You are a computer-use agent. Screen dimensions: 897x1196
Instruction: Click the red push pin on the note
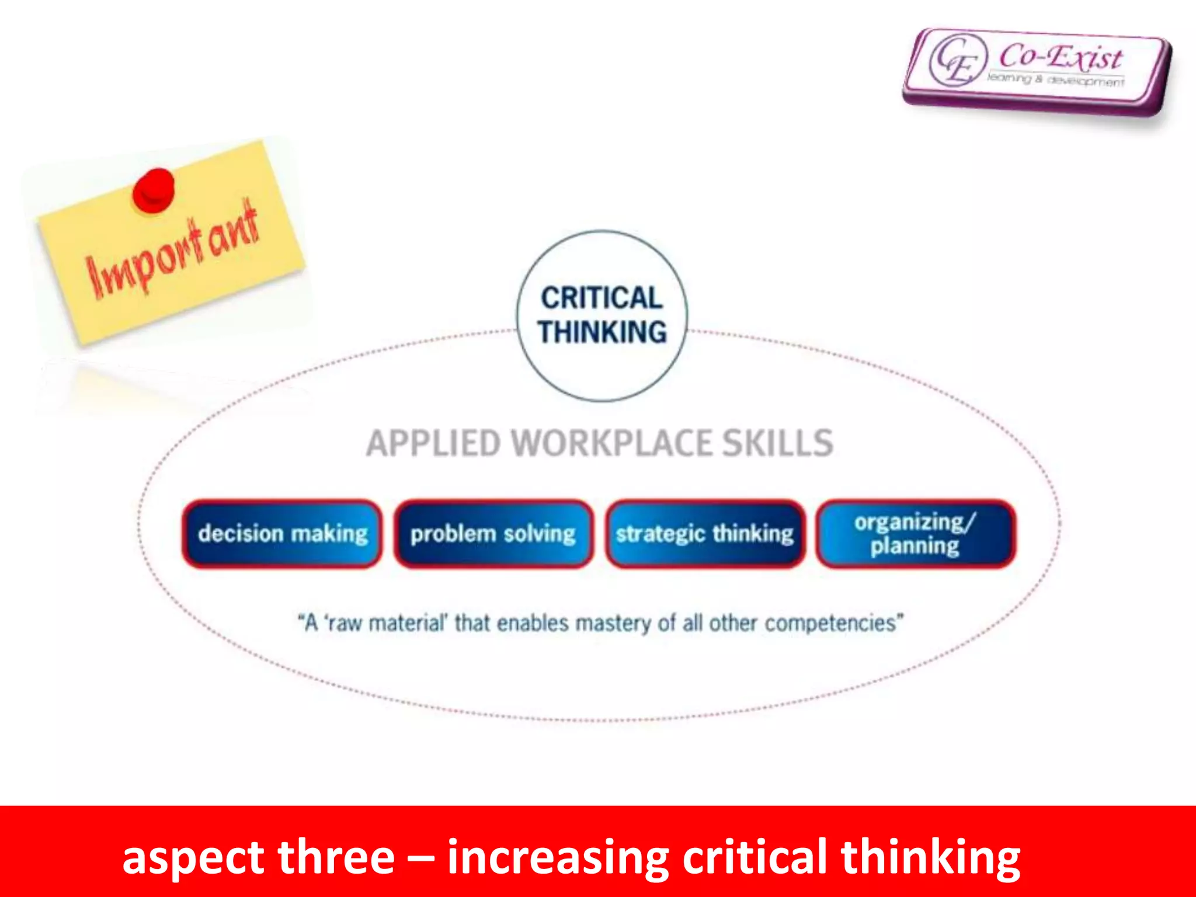coord(154,190)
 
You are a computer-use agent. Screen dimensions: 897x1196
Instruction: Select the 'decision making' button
coord(283,534)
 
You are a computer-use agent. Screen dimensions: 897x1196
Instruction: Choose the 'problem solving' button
coord(493,534)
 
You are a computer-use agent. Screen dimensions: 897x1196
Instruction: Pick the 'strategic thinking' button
coord(705,534)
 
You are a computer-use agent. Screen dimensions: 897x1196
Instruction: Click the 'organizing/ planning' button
coord(915,534)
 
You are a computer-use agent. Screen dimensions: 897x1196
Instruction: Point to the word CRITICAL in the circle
coord(602,298)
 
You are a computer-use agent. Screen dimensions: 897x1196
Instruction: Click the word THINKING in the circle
coord(602,332)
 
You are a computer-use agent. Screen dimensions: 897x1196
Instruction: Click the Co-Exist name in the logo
coord(1060,57)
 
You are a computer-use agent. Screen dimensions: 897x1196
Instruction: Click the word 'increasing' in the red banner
coord(558,857)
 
